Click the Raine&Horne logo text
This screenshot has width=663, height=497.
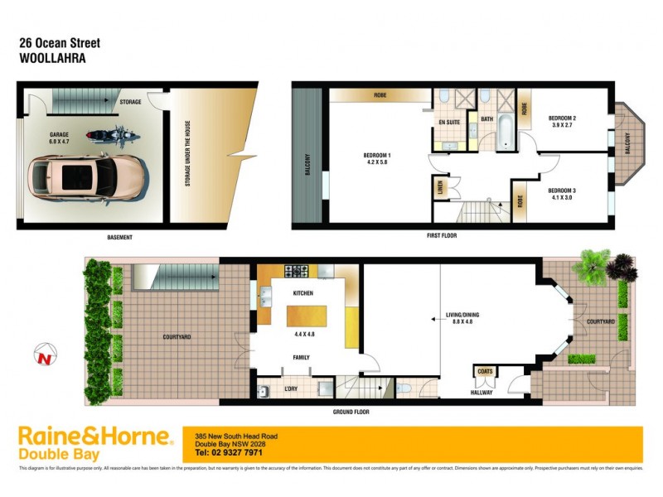tap(94, 437)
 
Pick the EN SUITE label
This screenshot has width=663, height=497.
tap(449, 123)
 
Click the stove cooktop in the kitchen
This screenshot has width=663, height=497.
tap(298, 271)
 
